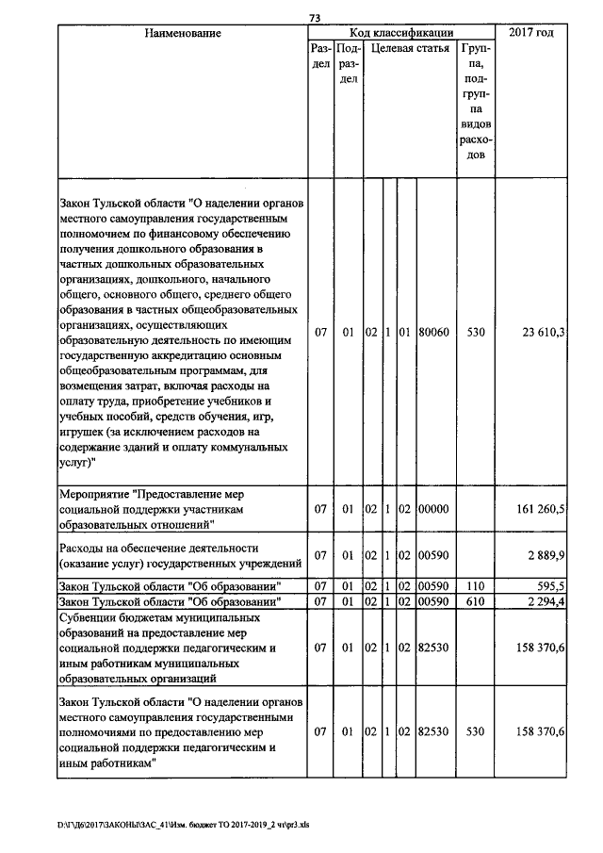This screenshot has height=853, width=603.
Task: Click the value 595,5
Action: [x=546, y=585]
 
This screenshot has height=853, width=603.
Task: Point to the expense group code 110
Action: [x=476, y=585]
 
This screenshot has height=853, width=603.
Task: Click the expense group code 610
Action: [x=476, y=600]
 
